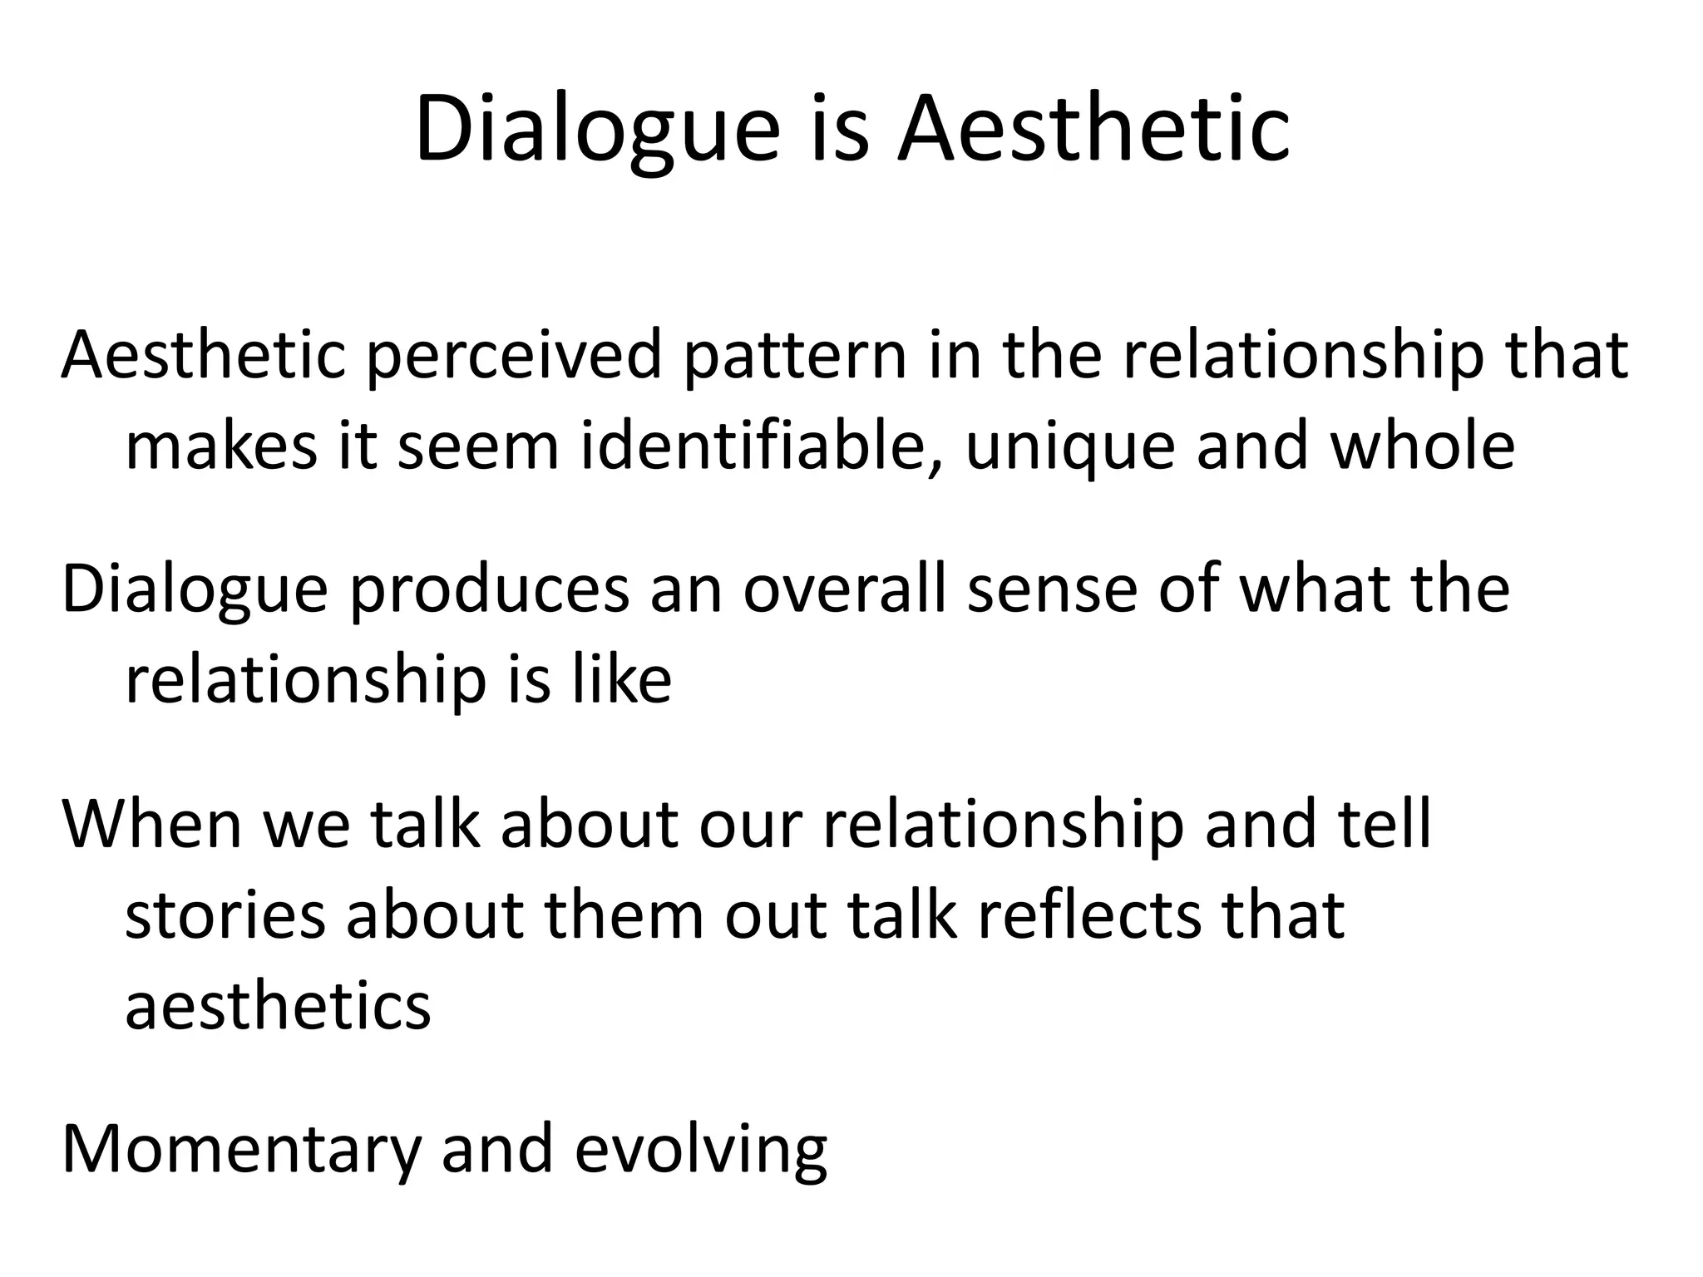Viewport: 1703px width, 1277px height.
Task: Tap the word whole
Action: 1422,446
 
